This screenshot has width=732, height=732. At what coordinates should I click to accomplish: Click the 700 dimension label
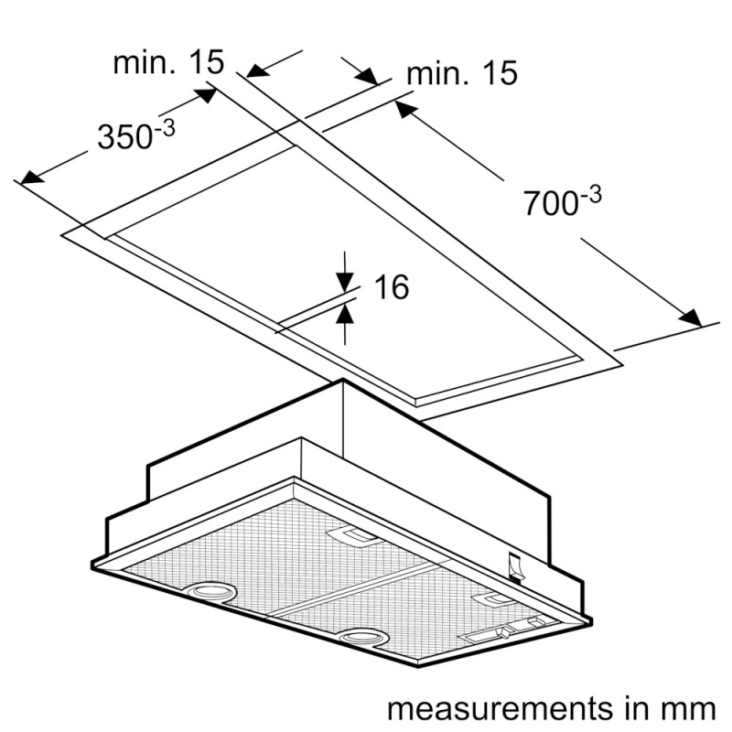(x=563, y=200)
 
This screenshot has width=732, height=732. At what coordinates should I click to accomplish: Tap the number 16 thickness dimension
(x=392, y=286)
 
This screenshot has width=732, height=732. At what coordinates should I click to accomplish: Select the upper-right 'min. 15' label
(x=462, y=73)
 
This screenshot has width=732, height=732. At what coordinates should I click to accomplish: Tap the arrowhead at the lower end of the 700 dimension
(x=691, y=318)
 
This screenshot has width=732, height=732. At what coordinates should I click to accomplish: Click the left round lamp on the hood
(x=211, y=591)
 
